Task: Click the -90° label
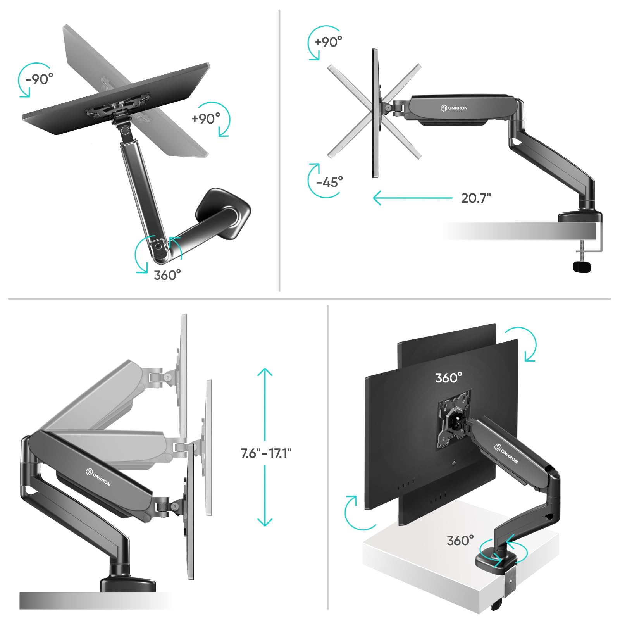click(x=39, y=79)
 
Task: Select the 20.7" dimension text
click(x=476, y=198)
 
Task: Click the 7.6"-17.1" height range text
click(x=266, y=453)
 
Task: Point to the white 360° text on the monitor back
click(x=448, y=377)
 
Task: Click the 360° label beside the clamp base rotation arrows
click(x=460, y=540)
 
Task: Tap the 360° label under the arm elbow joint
click(x=167, y=275)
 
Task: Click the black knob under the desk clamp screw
click(x=582, y=267)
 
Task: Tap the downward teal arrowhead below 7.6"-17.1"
click(x=265, y=522)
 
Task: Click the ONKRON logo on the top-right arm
click(x=454, y=108)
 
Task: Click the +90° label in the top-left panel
click(x=206, y=118)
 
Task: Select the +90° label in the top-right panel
click(x=328, y=41)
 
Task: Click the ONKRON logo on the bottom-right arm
click(x=506, y=454)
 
